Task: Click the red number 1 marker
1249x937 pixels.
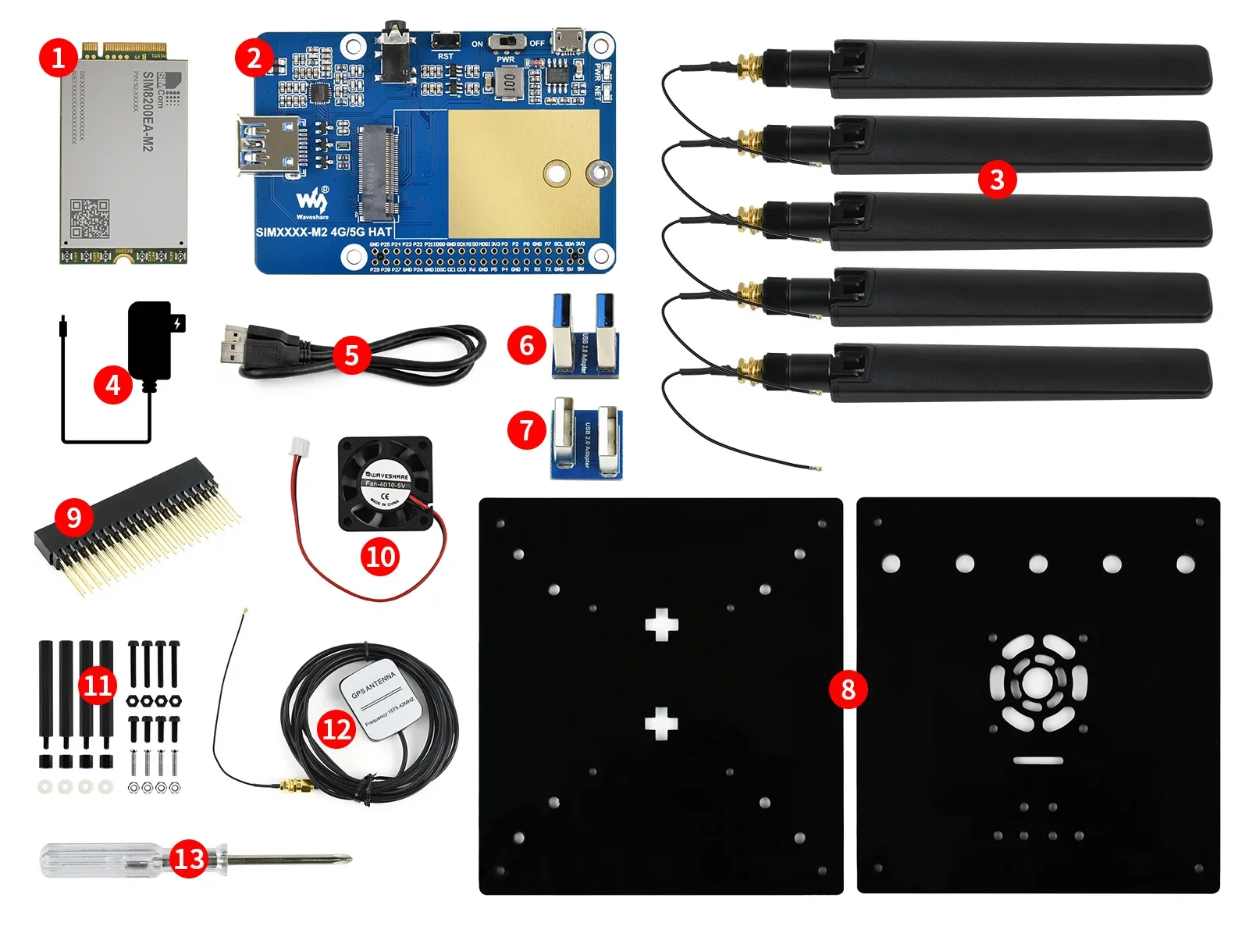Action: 58,58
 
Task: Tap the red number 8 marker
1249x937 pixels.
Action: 848,689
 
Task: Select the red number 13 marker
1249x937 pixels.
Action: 188,859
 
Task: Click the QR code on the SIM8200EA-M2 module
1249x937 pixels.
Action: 90,218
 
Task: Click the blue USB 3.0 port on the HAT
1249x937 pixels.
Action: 269,143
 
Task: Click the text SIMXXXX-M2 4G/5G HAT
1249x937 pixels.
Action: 323,232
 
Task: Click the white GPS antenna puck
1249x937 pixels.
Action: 380,699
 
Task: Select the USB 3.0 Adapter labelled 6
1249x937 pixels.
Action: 585,336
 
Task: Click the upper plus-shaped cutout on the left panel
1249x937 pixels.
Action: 661,625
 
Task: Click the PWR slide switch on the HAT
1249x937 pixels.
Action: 507,42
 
